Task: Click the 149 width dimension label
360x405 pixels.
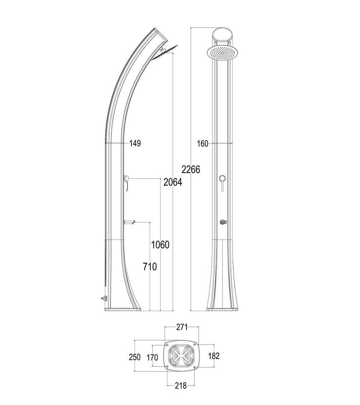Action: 135,143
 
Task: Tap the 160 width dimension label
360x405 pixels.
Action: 202,144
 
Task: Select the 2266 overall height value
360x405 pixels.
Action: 191,170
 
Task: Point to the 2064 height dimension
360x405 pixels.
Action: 173,182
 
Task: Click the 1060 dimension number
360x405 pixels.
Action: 160,244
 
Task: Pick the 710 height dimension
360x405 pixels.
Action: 150,266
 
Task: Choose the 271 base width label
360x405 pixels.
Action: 181,327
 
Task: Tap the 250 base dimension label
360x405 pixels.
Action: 135,357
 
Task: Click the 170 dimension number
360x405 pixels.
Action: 152,357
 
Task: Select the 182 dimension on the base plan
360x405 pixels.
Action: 214,356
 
